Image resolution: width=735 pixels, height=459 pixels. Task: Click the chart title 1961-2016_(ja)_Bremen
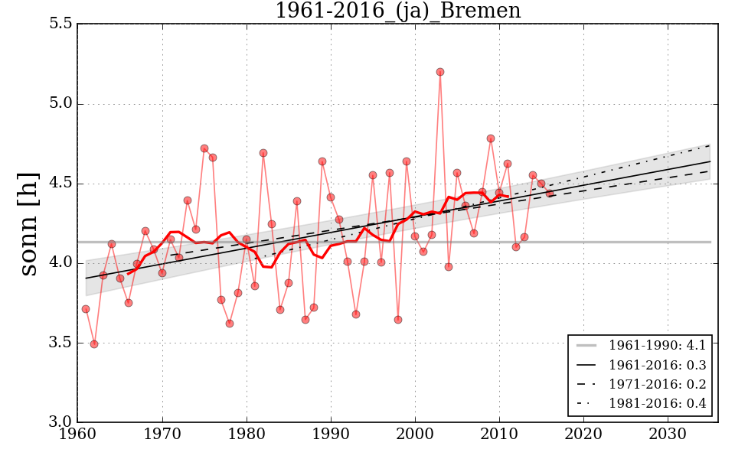click(x=397, y=11)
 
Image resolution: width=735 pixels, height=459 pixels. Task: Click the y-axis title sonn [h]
click(x=29, y=223)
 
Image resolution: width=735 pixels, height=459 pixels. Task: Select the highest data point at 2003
click(x=440, y=72)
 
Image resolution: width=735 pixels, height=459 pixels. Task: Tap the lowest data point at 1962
click(x=94, y=344)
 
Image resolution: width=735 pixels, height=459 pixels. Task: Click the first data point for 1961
click(x=86, y=309)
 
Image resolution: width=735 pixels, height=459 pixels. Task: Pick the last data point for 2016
click(x=550, y=193)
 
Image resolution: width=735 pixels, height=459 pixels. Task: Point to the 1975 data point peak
click(x=204, y=148)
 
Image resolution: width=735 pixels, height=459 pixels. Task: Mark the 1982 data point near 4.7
click(x=263, y=153)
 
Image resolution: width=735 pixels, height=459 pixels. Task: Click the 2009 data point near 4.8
click(x=491, y=138)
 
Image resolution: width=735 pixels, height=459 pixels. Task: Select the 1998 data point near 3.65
click(x=398, y=320)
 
